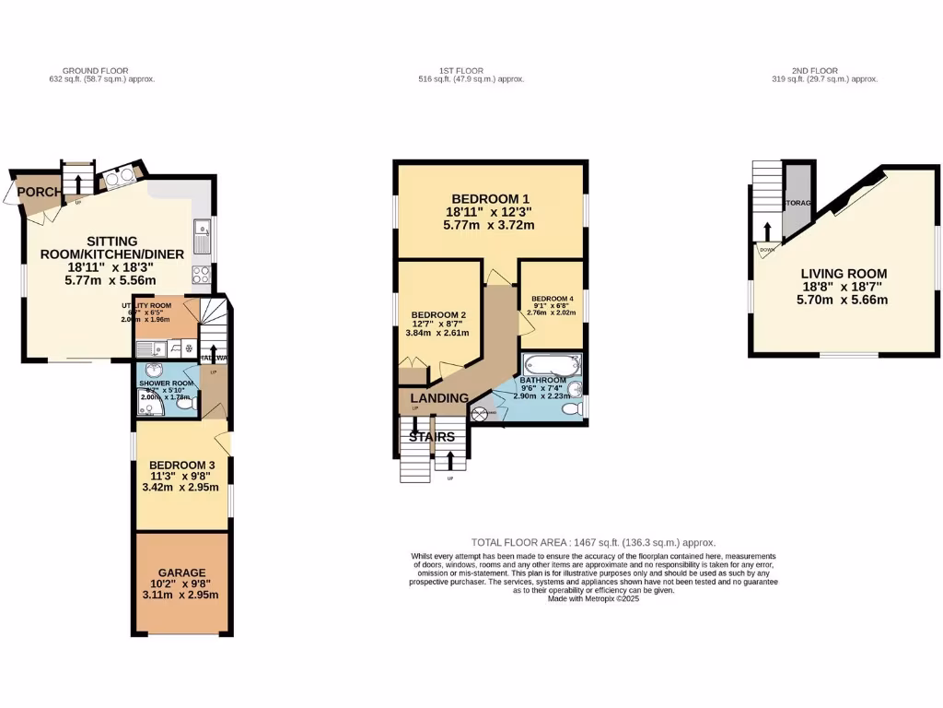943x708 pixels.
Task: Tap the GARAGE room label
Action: pyautogui.click(x=180, y=572)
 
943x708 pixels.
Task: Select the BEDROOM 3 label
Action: pyautogui.click(x=180, y=465)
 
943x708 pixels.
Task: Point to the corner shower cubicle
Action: pyautogui.click(x=146, y=404)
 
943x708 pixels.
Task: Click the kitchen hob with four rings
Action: pyautogui.click(x=201, y=273)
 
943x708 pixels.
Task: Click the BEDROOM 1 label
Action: pyautogui.click(x=490, y=199)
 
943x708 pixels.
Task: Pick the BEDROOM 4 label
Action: pyautogui.click(x=552, y=299)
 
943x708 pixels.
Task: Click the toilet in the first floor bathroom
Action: pyautogui.click(x=571, y=407)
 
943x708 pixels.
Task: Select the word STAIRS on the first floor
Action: pyautogui.click(x=433, y=437)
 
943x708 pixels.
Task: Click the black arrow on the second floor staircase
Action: pyautogui.click(x=766, y=230)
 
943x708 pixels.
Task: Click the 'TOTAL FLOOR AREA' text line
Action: pyautogui.click(x=593, y=543)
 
